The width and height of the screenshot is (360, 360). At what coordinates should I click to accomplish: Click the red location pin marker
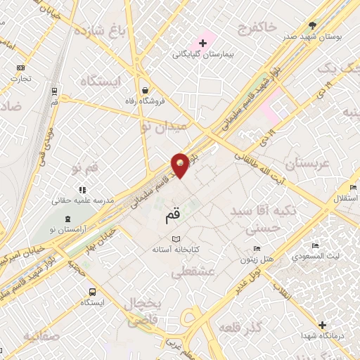coord(181,165)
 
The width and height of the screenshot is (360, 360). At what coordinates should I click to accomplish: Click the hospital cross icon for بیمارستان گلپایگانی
coord(203,44)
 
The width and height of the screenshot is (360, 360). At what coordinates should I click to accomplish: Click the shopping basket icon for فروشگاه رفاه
coord(145,91)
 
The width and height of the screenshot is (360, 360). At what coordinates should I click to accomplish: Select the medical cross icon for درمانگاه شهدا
coord(321,325)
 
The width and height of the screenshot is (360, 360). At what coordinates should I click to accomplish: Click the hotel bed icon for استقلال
coord(352,187)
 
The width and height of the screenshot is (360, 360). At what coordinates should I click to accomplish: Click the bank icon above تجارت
coord(20,67)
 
